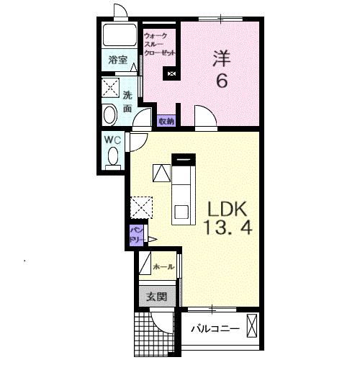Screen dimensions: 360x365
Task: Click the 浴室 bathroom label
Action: tap(118, 60)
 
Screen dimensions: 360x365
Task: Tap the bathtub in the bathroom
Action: tap(120, 35)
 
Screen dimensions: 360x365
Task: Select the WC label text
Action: tap(112, 140)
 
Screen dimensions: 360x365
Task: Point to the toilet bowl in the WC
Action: tap(113, 156)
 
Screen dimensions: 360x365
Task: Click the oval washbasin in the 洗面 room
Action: tap(110, 115)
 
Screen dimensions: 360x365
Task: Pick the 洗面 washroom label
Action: tap(127, 102)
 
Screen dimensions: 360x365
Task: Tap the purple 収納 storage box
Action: tap(166, 121)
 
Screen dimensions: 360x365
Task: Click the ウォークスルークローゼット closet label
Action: tap(159, 45)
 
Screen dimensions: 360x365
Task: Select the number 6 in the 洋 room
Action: tap(222, 81)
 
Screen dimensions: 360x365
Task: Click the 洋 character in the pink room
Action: tap(222, 58)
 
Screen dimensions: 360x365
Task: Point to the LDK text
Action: tap(228, 209)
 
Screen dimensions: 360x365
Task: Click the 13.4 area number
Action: tap(228, 227)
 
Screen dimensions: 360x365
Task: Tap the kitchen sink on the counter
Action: tap(181, 212)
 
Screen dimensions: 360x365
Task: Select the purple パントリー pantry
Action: tap(137, 235)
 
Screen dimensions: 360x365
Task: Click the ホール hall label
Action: tap(163, 266)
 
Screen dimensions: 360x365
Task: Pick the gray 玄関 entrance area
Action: tap(157, 297)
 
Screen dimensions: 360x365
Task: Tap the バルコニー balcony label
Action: tap(215, 328)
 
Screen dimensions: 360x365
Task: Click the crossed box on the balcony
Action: tap(252, 326)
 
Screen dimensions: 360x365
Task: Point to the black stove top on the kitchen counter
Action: tap(184, 160)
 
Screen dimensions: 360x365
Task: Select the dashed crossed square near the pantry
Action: tap(141, 207)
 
